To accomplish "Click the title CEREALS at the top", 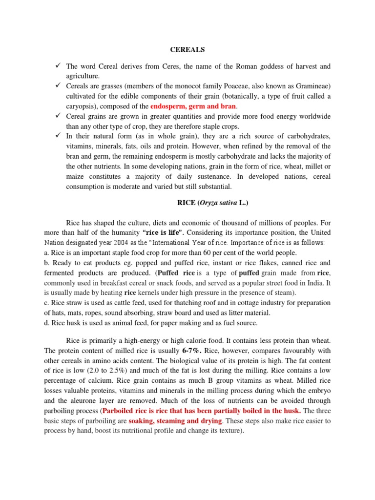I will click(x=187, y=50).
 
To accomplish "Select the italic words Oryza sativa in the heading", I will click(x=214, y=203).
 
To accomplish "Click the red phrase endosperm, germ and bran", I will click(x=194, y=106).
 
